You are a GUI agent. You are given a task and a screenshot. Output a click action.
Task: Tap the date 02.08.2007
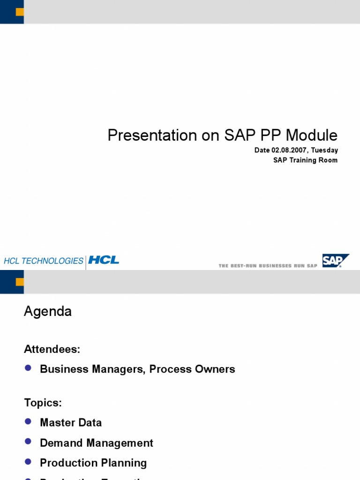[x=288, y=150]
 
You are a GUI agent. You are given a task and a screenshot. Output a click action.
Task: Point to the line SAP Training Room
[x=305, y=160]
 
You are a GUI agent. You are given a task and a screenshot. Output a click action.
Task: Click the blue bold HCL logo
[x=104, y=260]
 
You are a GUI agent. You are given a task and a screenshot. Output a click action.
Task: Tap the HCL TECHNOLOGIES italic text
[x=43, y=261]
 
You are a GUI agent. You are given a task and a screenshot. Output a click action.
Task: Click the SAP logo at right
[x=335, y=261]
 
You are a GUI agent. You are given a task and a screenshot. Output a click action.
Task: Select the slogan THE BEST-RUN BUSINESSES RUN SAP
[x=268, y=266]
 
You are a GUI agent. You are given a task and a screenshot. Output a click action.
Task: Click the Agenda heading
[x=48, y=312]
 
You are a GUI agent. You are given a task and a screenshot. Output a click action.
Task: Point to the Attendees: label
[x=52, y=349]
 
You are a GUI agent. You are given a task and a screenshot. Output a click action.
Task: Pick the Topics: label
[x=43, y=403]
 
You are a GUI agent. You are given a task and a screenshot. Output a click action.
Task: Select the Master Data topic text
[x=71, y=423]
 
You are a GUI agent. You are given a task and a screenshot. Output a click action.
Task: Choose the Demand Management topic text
[x=97, y=443]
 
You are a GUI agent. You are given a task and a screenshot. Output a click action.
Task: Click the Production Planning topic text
[x=93, y=463]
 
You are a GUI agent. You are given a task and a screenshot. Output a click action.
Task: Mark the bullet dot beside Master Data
[x=28, y=422]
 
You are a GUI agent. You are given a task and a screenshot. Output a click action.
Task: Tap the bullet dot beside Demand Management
[x=28, y=442]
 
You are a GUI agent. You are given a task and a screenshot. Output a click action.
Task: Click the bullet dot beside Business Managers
[x=28, y=368]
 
